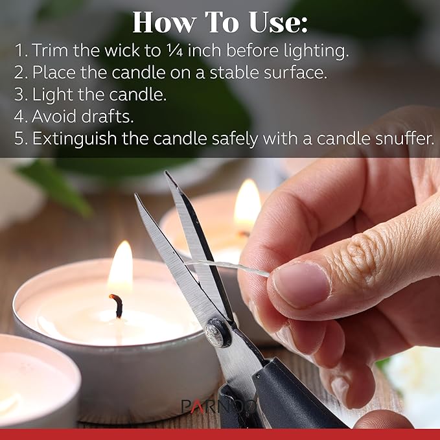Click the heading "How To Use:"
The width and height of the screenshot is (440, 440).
220,23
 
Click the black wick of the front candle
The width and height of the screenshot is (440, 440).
117,305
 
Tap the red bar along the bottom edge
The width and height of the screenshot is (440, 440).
220,434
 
